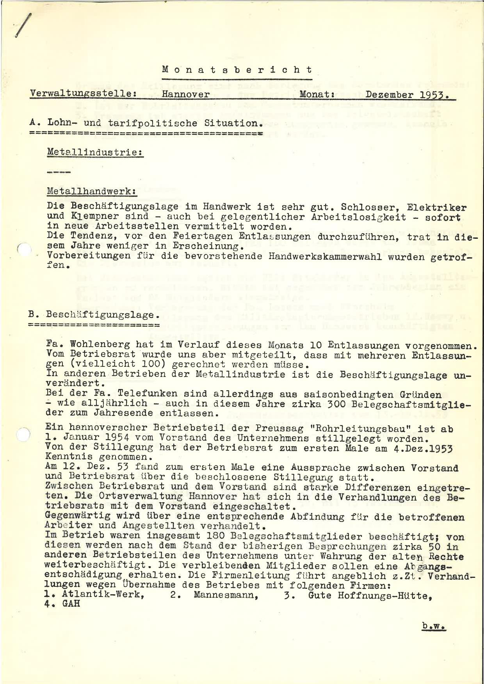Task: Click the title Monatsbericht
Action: coord(237,70)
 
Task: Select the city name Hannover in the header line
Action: coord(186,95)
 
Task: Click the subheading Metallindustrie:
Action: coord(95,153)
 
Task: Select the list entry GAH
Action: coord(70,603)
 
